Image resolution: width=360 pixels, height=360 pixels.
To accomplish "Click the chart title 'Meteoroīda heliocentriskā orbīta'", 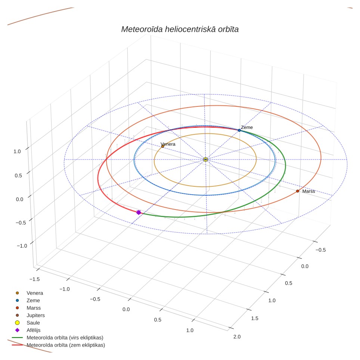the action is tap(180, 29).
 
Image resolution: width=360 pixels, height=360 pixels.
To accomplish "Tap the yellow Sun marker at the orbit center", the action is tap(205, 159).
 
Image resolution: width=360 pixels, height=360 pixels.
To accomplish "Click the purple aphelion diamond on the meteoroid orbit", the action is tap(139, 212).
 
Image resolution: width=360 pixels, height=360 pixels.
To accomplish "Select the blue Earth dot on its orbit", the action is tap(239, 130).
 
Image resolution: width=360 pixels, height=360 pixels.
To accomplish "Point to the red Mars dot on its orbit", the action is tap(298, 191).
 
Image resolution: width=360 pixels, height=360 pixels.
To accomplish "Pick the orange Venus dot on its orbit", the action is tap(163, 146).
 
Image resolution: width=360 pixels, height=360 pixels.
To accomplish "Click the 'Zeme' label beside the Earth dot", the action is tap(247, 127).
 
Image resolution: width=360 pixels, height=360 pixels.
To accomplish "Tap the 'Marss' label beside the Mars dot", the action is tap(308, 191).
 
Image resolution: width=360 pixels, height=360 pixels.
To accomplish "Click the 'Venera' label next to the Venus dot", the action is tap(168, 144).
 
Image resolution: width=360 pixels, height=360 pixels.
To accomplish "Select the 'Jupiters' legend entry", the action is tap(35, 315).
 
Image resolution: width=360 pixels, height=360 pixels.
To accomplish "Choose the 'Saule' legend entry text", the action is tap(33, 323).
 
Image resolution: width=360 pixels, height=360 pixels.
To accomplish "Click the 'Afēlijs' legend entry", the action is tap(34, 330).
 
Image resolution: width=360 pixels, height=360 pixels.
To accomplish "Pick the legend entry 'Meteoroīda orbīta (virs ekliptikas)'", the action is tap(65, 338).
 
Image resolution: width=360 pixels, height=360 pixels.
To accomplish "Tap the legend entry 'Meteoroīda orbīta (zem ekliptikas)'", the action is tap(66, 345).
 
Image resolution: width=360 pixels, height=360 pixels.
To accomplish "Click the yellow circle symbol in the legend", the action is tap(17, 323).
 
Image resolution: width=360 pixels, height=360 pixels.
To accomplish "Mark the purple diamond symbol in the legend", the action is tap(17, 330).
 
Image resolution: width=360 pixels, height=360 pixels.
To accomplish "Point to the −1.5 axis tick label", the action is tap(35, 279).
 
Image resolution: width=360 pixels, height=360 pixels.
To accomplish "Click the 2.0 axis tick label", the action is tap(237, 336).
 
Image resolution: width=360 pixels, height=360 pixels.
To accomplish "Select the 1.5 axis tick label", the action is tap(255, 318).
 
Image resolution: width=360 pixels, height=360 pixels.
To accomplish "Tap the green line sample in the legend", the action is tap(17, 338).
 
